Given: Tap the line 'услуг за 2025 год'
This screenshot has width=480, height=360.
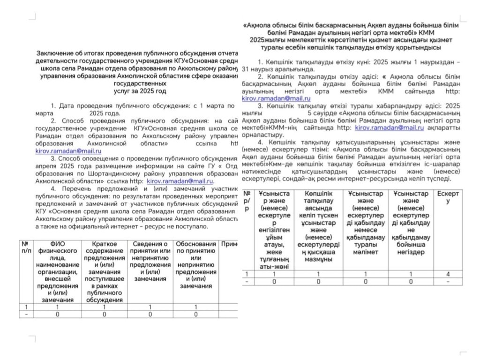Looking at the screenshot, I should [136, 90].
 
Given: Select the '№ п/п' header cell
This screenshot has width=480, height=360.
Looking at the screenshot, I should [26, 247].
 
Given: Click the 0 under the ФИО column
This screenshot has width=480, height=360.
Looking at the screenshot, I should [57, 315].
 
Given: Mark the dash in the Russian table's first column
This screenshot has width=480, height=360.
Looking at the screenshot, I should [26, 315].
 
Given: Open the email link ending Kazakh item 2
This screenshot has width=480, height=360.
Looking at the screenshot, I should [276, 99].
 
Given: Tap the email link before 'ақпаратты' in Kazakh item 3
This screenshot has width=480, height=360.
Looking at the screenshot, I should [389, 127].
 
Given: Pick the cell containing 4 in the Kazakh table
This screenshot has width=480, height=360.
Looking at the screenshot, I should [448, 274].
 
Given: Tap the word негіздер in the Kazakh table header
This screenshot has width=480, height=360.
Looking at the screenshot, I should [411, 252].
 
